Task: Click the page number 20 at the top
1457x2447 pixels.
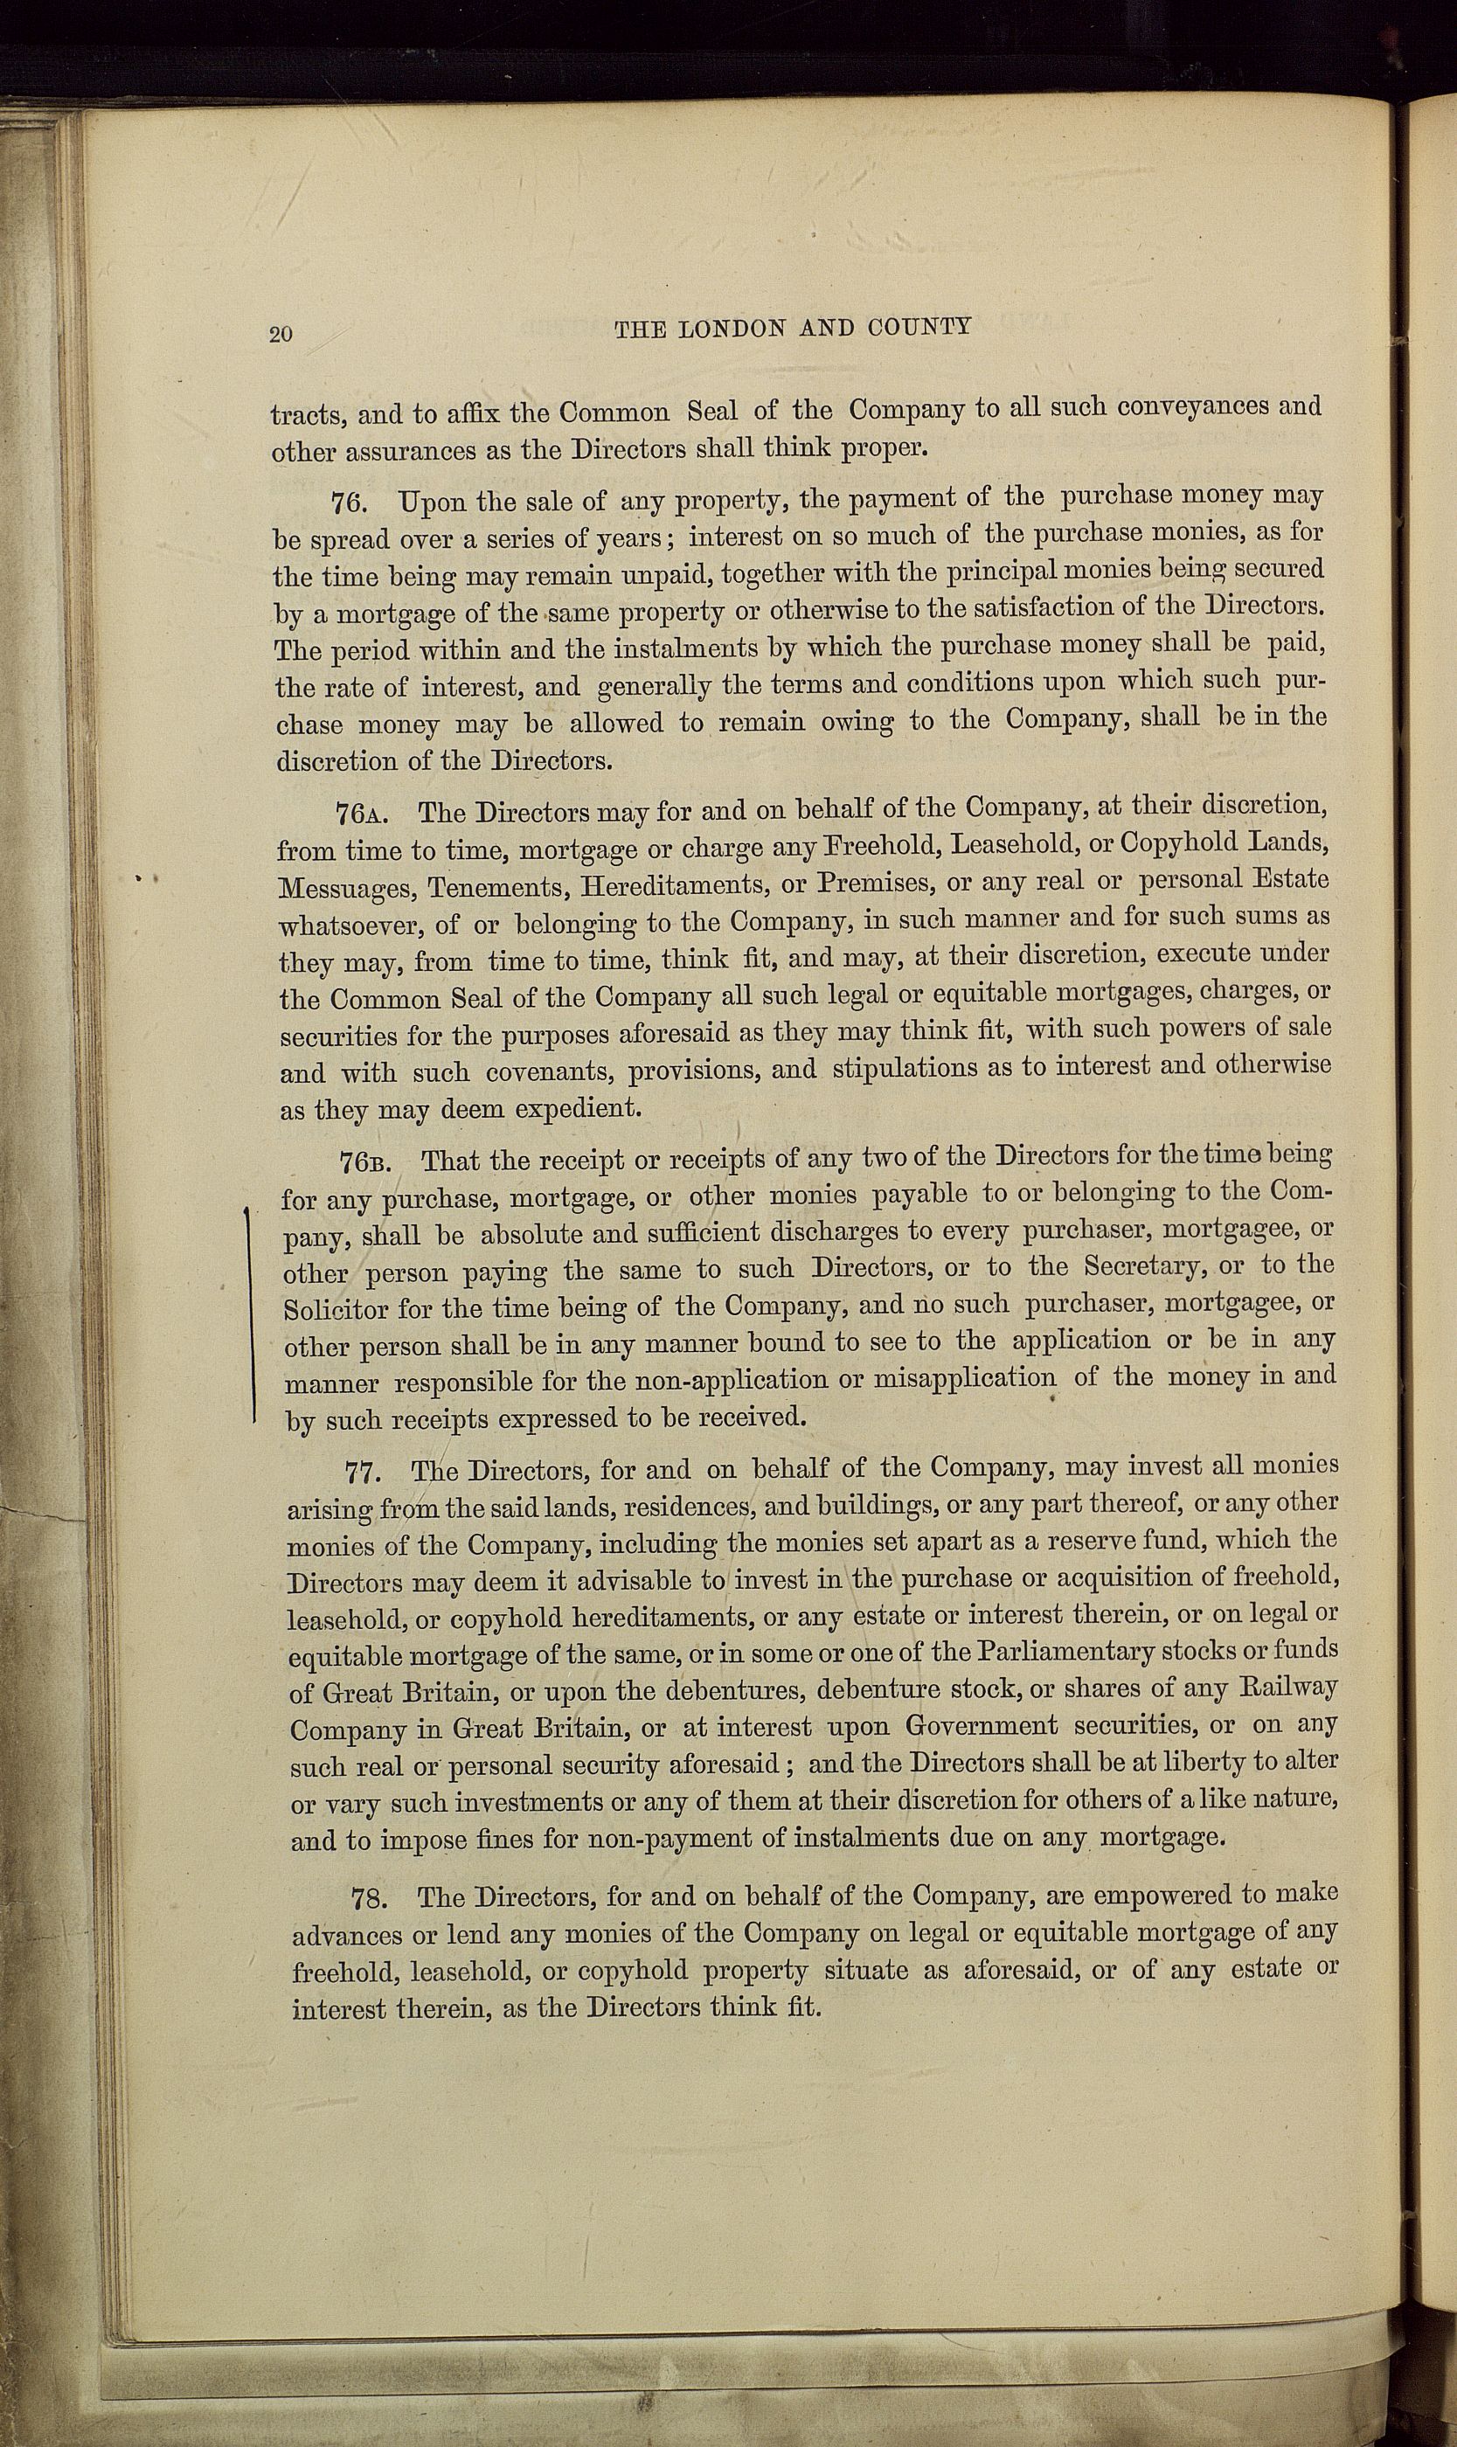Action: [281, 334]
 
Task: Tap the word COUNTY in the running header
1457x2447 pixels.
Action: [920, 327]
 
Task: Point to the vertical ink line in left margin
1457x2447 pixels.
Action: [253, 1315]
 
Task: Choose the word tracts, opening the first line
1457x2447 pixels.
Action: [306, 415]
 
